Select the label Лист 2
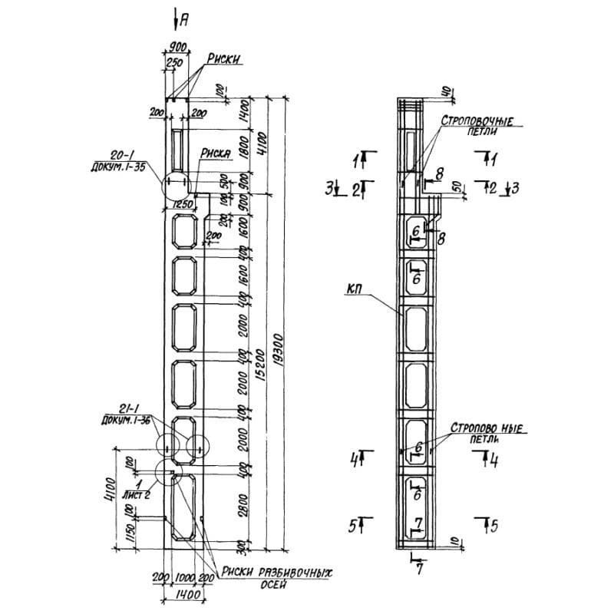[x=140, y=496]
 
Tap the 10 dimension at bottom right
[x=455, y=542]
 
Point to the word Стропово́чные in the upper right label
[x=477, y=120]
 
